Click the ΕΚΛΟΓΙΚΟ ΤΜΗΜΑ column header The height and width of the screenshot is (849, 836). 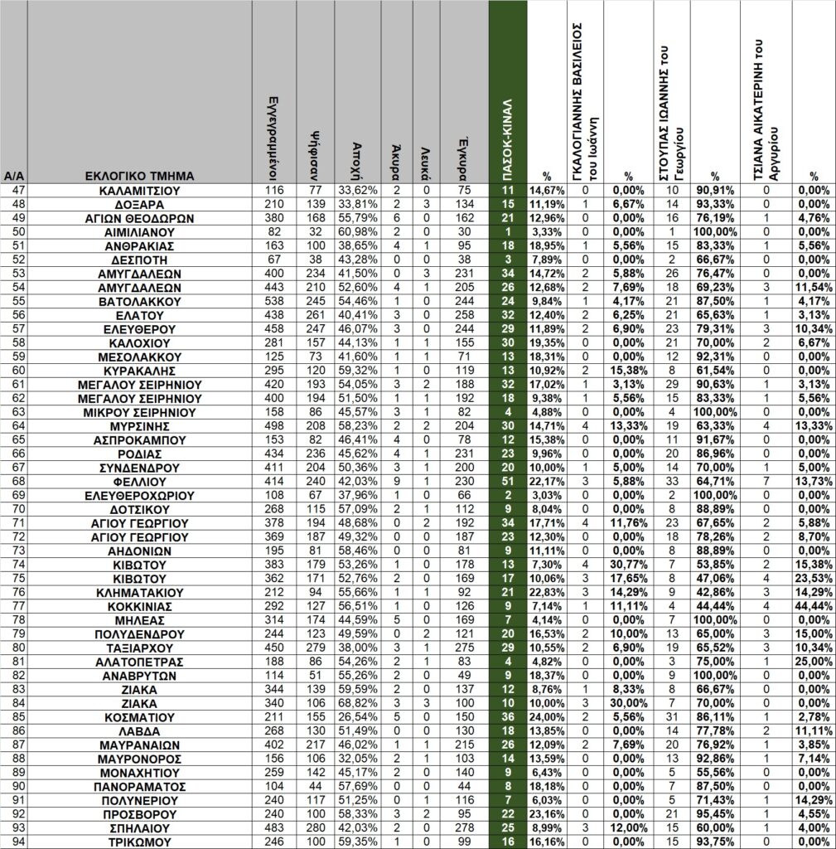click(139, 176)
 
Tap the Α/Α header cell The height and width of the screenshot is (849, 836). click(13, 176)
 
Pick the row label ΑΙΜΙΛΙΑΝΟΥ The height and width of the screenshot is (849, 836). click(139, 232)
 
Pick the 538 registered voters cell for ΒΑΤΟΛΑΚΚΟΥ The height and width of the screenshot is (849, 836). click(273, 301)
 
